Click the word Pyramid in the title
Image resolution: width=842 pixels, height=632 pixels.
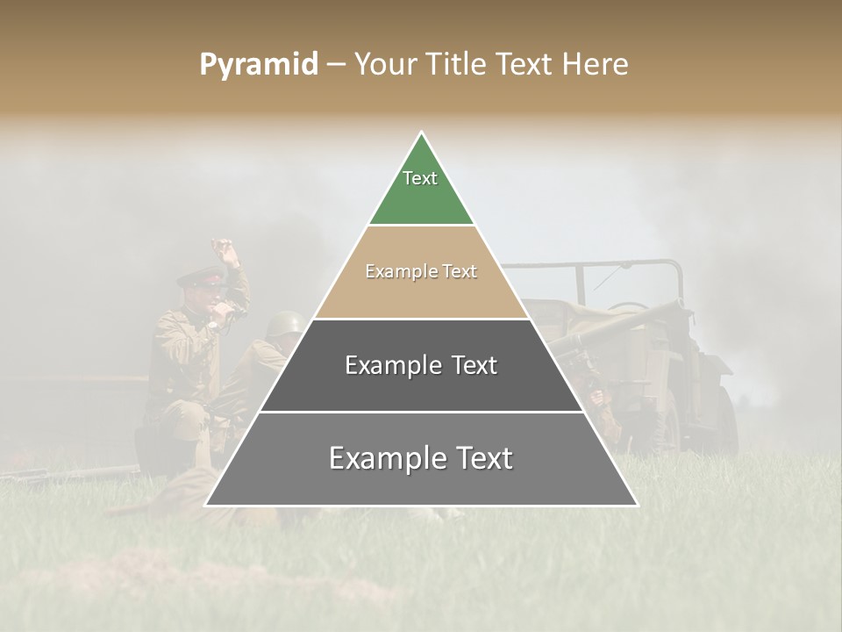[259, 65]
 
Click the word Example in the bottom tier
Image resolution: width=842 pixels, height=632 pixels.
[381, 458]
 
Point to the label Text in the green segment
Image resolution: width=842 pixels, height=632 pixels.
[420, 178]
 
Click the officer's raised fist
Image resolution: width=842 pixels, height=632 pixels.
[230, 254]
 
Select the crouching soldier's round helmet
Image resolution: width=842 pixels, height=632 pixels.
[284, 324]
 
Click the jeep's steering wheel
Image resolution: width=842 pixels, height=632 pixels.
[628, 308]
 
